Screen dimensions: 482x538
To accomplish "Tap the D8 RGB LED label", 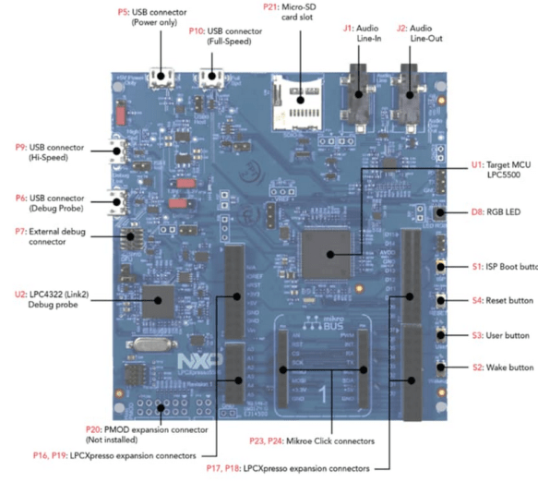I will [x=490, y=211].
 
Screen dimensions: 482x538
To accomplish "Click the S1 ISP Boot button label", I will [x=498, y=267].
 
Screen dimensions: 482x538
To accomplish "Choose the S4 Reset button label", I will [x=498, y=300].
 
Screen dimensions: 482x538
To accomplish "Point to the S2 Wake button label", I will [x=498, y=368].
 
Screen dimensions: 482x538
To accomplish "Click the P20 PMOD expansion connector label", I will [x=134, y=434].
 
